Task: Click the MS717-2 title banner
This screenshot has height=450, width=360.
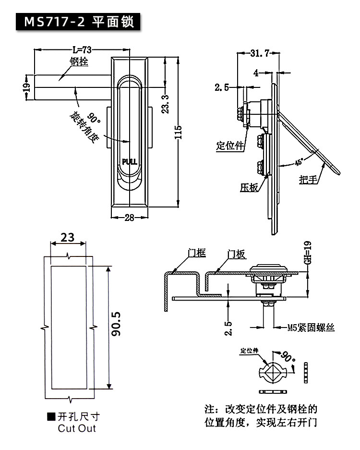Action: click(78, 22)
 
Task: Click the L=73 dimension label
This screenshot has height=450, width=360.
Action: click(82, 50)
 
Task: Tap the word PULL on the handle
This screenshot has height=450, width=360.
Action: click(130, 162)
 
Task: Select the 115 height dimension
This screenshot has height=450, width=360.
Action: click(178, 132)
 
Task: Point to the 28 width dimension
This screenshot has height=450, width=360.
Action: click(130, 218)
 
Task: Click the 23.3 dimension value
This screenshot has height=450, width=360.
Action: click(166, 104)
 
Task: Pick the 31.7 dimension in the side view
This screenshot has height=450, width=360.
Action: click(260, 53)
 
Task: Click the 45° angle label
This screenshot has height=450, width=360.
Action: click(299, 162)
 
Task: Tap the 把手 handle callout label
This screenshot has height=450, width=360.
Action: click(309, 180)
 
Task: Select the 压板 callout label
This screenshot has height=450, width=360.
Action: click(249, 187)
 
